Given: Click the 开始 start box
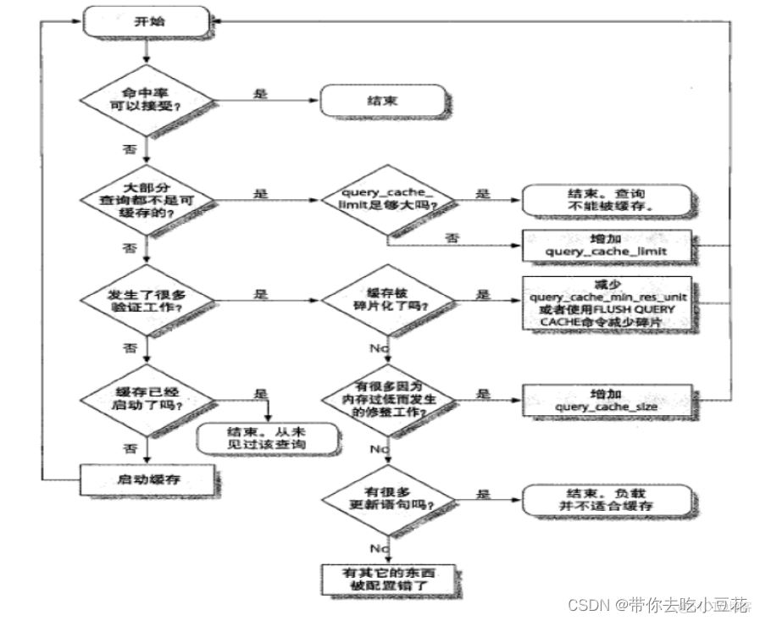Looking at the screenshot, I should [x=145, y=23].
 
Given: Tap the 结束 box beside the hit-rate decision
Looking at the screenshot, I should [x=382, y=100].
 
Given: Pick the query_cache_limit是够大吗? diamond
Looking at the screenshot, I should [x=387, y=200].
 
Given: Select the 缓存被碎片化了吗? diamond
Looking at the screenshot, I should [x=387, y=300].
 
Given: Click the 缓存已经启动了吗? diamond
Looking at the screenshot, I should [x=146, y=398].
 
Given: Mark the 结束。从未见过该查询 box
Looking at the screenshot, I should [x=265, y=437].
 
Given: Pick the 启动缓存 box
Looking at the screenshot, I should [x=145, y=480].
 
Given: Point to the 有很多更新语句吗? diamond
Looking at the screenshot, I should [x=387, y=499].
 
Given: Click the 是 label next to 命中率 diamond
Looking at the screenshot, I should [x=260, y=94].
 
